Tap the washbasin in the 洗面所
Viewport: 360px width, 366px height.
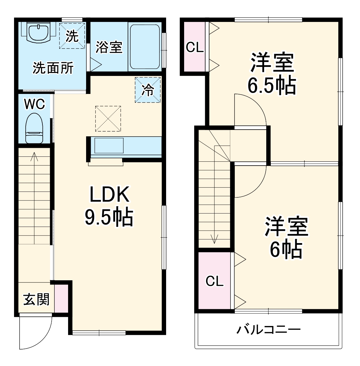click(38, 32)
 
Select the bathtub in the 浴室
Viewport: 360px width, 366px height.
click(145, 47)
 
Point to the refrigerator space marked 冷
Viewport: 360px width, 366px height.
click(148, 90)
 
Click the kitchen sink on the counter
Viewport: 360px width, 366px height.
click(109, 146)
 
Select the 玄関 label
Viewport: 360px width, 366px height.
click(36, 300)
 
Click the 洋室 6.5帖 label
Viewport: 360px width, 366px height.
click(271, 74)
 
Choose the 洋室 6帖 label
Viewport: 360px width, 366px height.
click(286, 237)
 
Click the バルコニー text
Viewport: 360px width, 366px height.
click(269, 330)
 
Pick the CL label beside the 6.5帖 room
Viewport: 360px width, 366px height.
click(195, 48)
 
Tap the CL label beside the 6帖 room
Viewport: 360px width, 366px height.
click(214, 281)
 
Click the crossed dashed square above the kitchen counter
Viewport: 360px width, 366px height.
click(108, 119)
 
